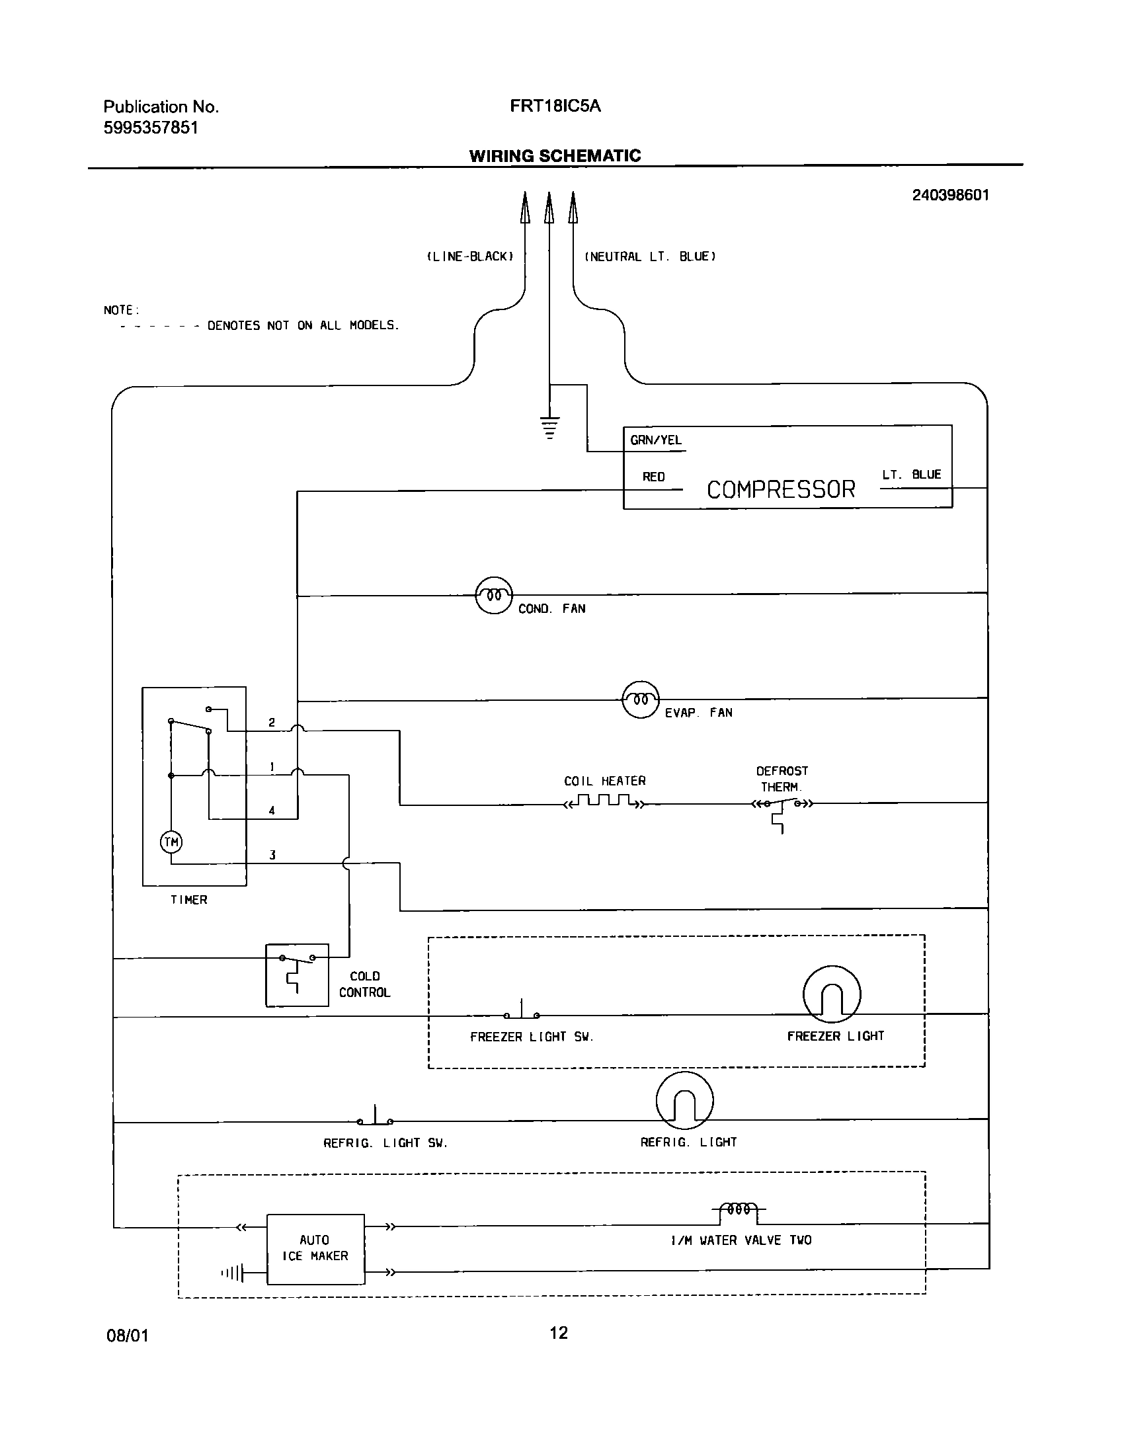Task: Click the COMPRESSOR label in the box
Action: click(x=781, y=489)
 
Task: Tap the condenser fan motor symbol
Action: click(x=494, y=595)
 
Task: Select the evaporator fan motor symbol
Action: click(x=641, y=700)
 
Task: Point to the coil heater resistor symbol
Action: click(x=604, y=801)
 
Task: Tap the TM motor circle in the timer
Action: click(x=171, y=842)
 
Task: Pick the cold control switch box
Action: click(x=297, y=975)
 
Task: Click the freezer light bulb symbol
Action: click(x=832, y=994)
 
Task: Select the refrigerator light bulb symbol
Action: click(x=685, y=1100)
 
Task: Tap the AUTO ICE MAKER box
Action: click(x=315, y=1248)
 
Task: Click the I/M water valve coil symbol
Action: click(x=739, y=1209)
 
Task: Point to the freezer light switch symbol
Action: click(x=522, y=1012)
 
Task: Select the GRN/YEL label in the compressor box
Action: click(x=656, y=440)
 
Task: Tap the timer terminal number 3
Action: click(x=272, y=855)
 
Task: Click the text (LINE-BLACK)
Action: click(x=470, y=257)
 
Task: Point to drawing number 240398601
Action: click(x=950, y=195)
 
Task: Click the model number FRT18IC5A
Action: click(x=555, y=106)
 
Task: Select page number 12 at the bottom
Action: click(x=559, y=1332)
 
